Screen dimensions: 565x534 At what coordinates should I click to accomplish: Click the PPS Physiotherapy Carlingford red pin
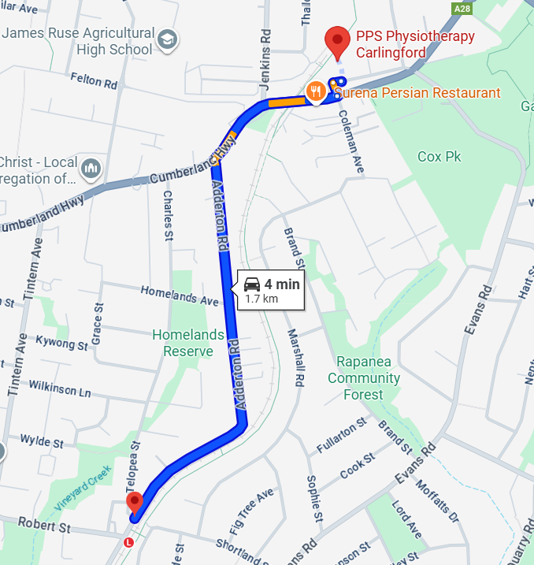[x=338, y=41]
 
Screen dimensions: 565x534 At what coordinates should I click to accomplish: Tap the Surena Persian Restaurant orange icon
[x=315, y=91]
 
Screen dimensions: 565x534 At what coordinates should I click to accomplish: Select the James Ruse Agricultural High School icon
[x=168, y=38]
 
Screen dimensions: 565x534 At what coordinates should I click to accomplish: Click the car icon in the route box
[x=252, y=284]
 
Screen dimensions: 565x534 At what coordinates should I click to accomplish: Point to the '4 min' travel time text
[x=282, y=284]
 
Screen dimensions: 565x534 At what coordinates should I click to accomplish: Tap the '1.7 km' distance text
[x=261, y=299]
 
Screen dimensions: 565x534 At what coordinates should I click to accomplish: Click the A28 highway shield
[x=462, y=8]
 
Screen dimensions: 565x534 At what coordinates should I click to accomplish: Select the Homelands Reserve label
[x=187, y=343]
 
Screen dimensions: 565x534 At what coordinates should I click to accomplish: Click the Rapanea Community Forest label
[x=364, y=378]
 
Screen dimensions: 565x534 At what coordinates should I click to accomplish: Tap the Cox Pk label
[x=439, y=156]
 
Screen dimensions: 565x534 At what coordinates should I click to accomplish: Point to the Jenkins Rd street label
[x=265, y=47]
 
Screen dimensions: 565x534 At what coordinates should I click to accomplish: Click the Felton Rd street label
[x=93, y=80]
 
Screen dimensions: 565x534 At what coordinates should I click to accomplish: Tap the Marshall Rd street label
[x=295, y=358]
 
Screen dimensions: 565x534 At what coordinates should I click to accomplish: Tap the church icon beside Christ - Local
[x=92, y=169]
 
